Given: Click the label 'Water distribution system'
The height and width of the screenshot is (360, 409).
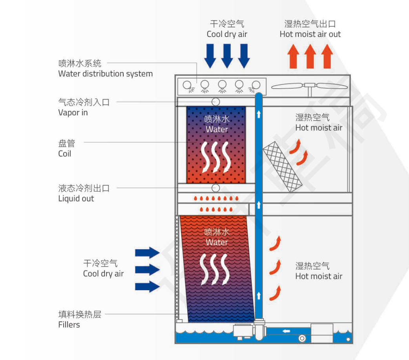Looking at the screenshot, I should pyautogui.click(x=105, y=74).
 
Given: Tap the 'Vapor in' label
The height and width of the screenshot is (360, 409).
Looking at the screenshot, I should pyautogui.click(x=73, y=113).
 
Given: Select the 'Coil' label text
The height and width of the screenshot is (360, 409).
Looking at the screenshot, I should pyautogui.click(x=65, y=154).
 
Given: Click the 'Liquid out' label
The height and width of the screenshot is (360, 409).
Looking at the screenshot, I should pyautogui.click(x=76, y=198).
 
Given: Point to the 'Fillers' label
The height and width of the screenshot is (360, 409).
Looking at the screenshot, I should pyautogui.click(x=69, y=325).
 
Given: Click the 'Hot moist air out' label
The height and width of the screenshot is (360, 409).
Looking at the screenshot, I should pyautogui.click(x=310, y=34).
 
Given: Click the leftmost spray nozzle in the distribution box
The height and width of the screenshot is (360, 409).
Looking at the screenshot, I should pyautogui.click(x=187, y=84).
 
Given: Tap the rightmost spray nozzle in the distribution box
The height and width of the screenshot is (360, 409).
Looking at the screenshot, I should pyautogui.click(x=256, y=84).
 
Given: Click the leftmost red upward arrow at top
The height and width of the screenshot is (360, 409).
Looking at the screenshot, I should pyautogui.click(x=292, y=56).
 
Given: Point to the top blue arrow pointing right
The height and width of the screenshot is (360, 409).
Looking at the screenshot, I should pyautogui.click(x=147, y=253).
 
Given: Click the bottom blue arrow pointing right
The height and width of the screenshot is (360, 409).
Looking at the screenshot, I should pyautogui.click(x=147, y=287).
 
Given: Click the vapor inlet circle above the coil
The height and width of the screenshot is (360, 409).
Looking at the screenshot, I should pyautogui.click(x=215, y=101).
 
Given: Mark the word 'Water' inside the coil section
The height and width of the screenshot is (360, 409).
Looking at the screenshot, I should pyautogui.click(x=217, y=129).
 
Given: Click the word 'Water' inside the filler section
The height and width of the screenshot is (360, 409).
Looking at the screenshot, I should pyautogui.click(x=217, y=242).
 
